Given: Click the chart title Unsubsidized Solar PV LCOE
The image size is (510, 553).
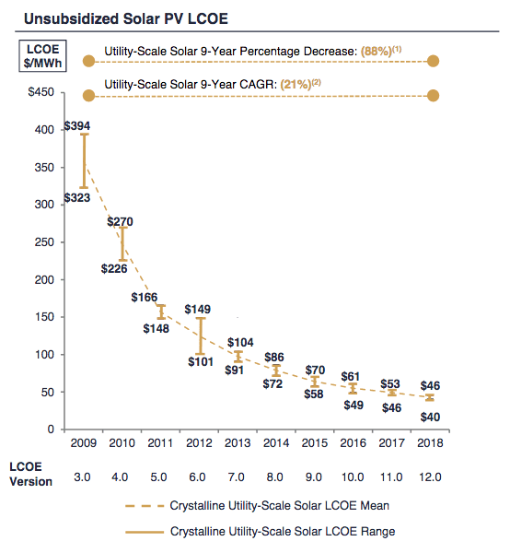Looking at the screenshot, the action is [x=126, y=18].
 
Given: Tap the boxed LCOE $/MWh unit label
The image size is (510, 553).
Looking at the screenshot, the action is [x=42, y=56].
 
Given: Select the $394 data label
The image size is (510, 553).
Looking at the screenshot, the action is [x=77, y=126].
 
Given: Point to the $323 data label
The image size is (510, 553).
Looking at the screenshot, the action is [x=77, y=198].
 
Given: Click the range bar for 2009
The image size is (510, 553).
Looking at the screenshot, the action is [x=84, y=160].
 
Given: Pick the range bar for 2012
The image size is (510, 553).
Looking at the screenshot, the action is [x=201, y=336].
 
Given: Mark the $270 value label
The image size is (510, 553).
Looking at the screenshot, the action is [x=120, y=222].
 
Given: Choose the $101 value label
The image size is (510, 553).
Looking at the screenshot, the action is [x=201, y=362].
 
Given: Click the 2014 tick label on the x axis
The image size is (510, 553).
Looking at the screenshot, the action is [x=276, y=443].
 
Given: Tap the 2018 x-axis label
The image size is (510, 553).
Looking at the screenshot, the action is [x=430, y=443].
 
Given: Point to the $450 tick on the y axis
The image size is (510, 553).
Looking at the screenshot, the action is [x=41, y=92].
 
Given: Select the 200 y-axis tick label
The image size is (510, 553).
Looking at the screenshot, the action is [x=44, y=280].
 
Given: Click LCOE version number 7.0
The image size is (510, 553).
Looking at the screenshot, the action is [x=236, y=477].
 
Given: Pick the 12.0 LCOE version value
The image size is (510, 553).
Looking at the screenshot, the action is [x=430, y=477].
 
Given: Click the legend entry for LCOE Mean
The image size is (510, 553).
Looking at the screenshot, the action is [x=257, y=506].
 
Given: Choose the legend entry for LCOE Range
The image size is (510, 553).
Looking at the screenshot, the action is [x=261, y=532].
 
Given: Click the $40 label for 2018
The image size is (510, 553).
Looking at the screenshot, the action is [x=430, y=418].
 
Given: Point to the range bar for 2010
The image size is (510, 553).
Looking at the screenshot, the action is [x=122, y=244].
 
